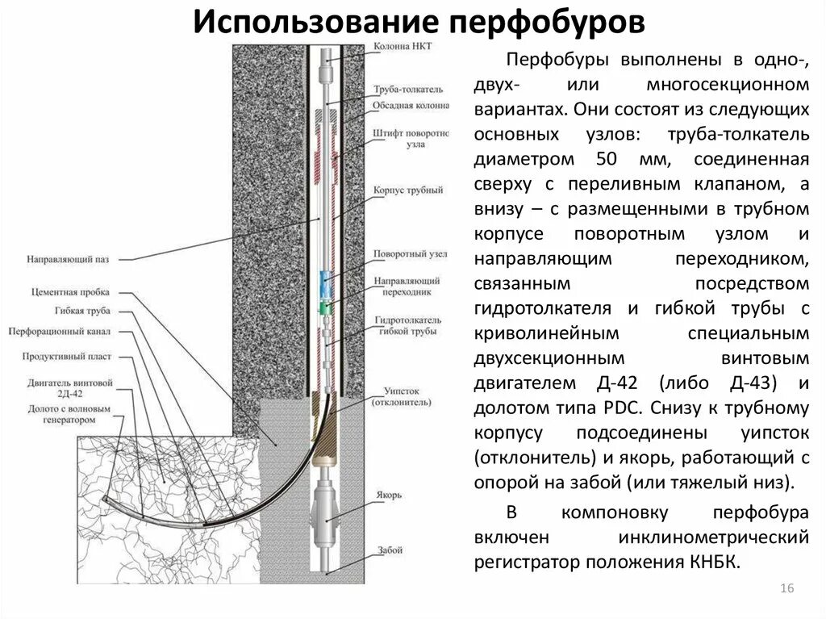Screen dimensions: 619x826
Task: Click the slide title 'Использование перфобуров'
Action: [418, 21]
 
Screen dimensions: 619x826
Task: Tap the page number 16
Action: [787, 588]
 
